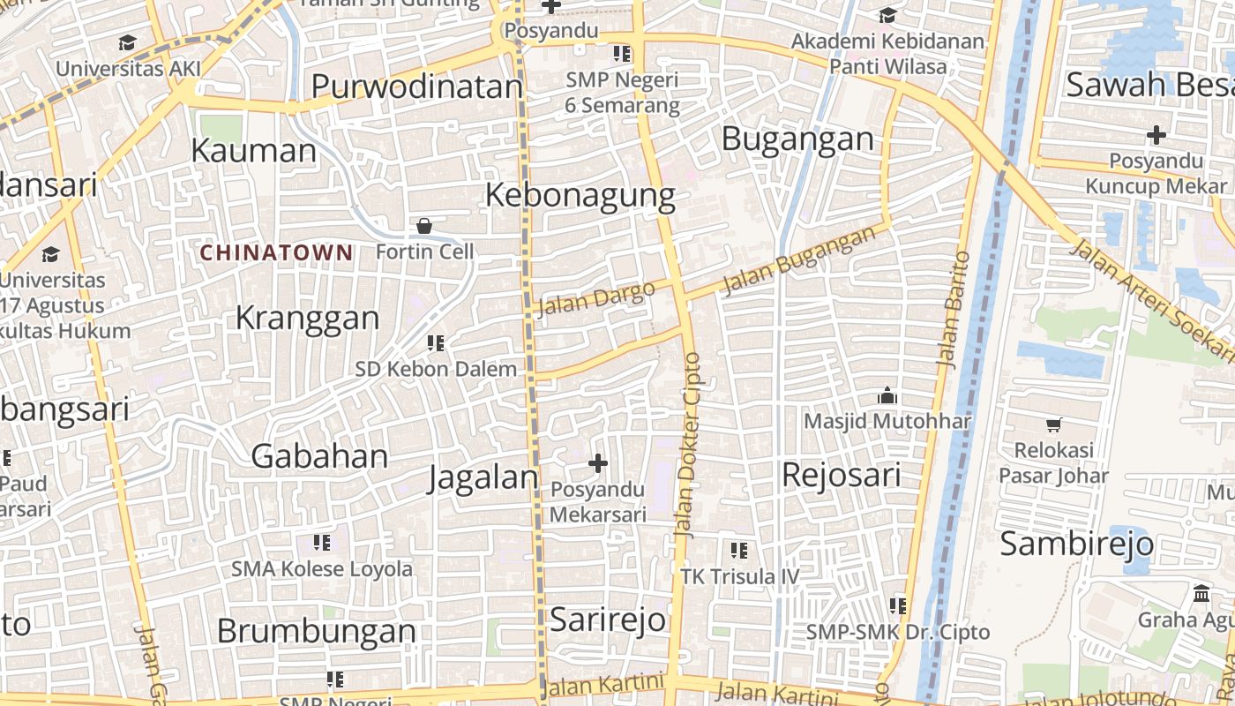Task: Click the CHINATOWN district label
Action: tap(276, 253)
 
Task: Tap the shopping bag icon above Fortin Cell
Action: tap(424, 227)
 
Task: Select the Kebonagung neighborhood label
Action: tap(580, 195)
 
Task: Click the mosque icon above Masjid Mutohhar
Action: tap(887, 395)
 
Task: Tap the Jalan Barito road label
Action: tap(953, 309)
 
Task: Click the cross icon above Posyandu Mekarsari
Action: tap(598, 462)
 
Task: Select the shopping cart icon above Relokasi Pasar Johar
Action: tap(1053, 424)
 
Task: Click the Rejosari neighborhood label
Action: tap(842, 476)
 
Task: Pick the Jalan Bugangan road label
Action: tap(799, 260)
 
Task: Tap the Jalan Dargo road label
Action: tap(595, 297)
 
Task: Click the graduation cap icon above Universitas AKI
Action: tap(128, 43)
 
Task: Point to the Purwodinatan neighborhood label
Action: tap(417, 86)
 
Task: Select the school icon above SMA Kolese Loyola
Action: tap(322, 542)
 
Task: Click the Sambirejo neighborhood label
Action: tap(1076, 544)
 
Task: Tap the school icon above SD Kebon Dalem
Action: tap(436, 342)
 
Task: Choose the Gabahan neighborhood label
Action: tap(319, 456)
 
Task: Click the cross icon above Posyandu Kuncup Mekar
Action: tap(1156, 135)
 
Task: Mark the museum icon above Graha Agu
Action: tap(1201, 593)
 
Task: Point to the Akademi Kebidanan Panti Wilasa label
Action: tap(887, 54)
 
